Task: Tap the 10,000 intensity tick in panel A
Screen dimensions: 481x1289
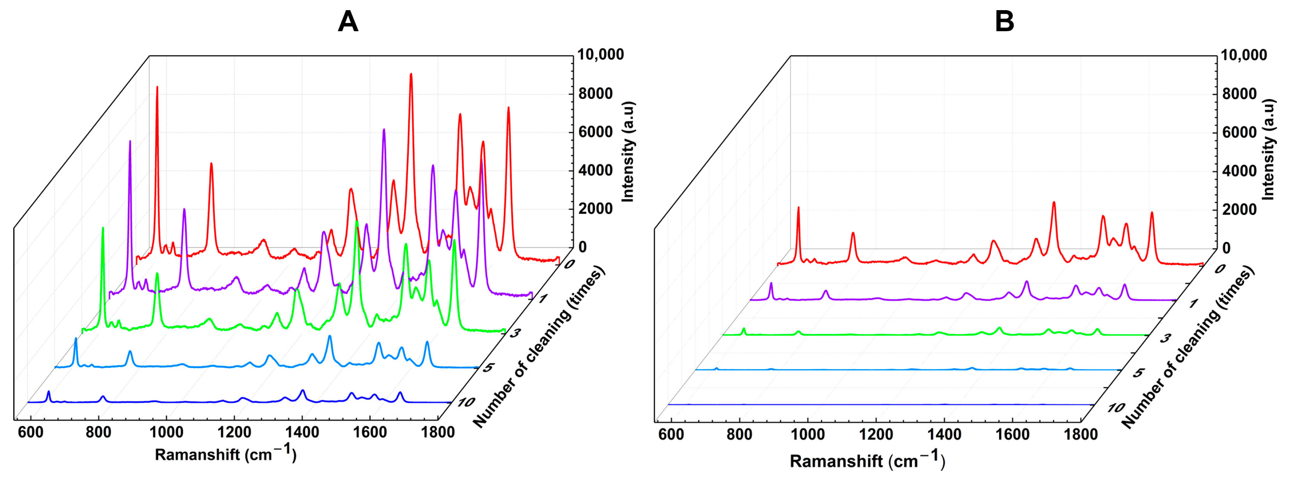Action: [600, 55]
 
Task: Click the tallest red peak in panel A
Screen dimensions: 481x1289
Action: [411, 74]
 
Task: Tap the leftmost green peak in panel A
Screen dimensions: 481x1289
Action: [103, 228]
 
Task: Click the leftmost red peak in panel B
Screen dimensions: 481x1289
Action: [798, 207]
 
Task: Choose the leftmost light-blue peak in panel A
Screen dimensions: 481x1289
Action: [76, 339]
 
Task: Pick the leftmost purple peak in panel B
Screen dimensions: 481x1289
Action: [771, 283]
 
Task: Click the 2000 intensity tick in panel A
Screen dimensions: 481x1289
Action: [595, 209]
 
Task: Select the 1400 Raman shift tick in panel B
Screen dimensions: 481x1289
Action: [944, 434]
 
